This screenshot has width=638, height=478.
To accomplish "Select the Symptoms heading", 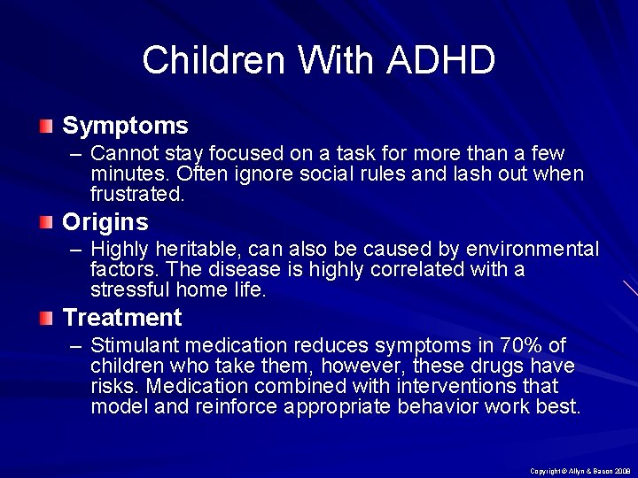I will (x=125, y=126).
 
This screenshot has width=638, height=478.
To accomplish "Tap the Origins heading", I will (x=105, y=221).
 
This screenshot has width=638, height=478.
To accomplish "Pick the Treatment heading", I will (x=122, y=317).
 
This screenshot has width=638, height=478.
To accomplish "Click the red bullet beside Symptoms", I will (x=46, y=126).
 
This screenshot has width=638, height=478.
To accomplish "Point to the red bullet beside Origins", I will (x=46, y=221).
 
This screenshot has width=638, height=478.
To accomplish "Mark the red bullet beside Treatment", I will (x=46, y=317).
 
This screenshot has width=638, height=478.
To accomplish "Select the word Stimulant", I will (x=131, y=345).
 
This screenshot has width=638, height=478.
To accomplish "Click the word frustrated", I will (x=137, y=194).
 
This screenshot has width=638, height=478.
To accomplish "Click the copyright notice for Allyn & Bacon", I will (x=578, y=471).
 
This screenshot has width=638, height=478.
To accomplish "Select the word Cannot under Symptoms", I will (x=123, y=153).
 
